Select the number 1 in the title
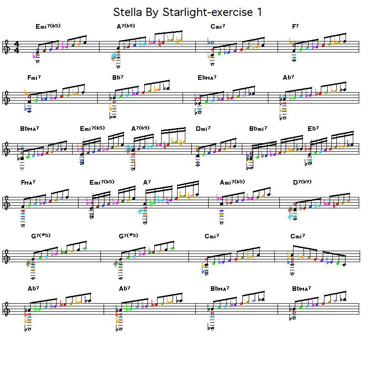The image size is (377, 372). [x=259, y=12]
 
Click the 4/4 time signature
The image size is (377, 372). [x=17, y=47]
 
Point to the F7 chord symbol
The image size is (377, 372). [x=295, y=26]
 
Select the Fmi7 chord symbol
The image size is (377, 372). [x=34, y=77]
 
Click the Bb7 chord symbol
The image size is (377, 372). [x=118, y=77]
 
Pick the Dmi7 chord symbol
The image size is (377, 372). [x=203, y=129]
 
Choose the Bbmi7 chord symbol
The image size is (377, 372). [x=259, y=129]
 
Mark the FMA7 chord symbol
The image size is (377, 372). [x=28, y=183]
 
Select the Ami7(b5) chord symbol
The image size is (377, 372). [x=232, y=182]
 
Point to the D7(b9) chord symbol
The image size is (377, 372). [x=303, y=182]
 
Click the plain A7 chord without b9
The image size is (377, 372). [x=147, y=183]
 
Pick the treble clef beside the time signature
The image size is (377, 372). [x=7, y=47]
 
